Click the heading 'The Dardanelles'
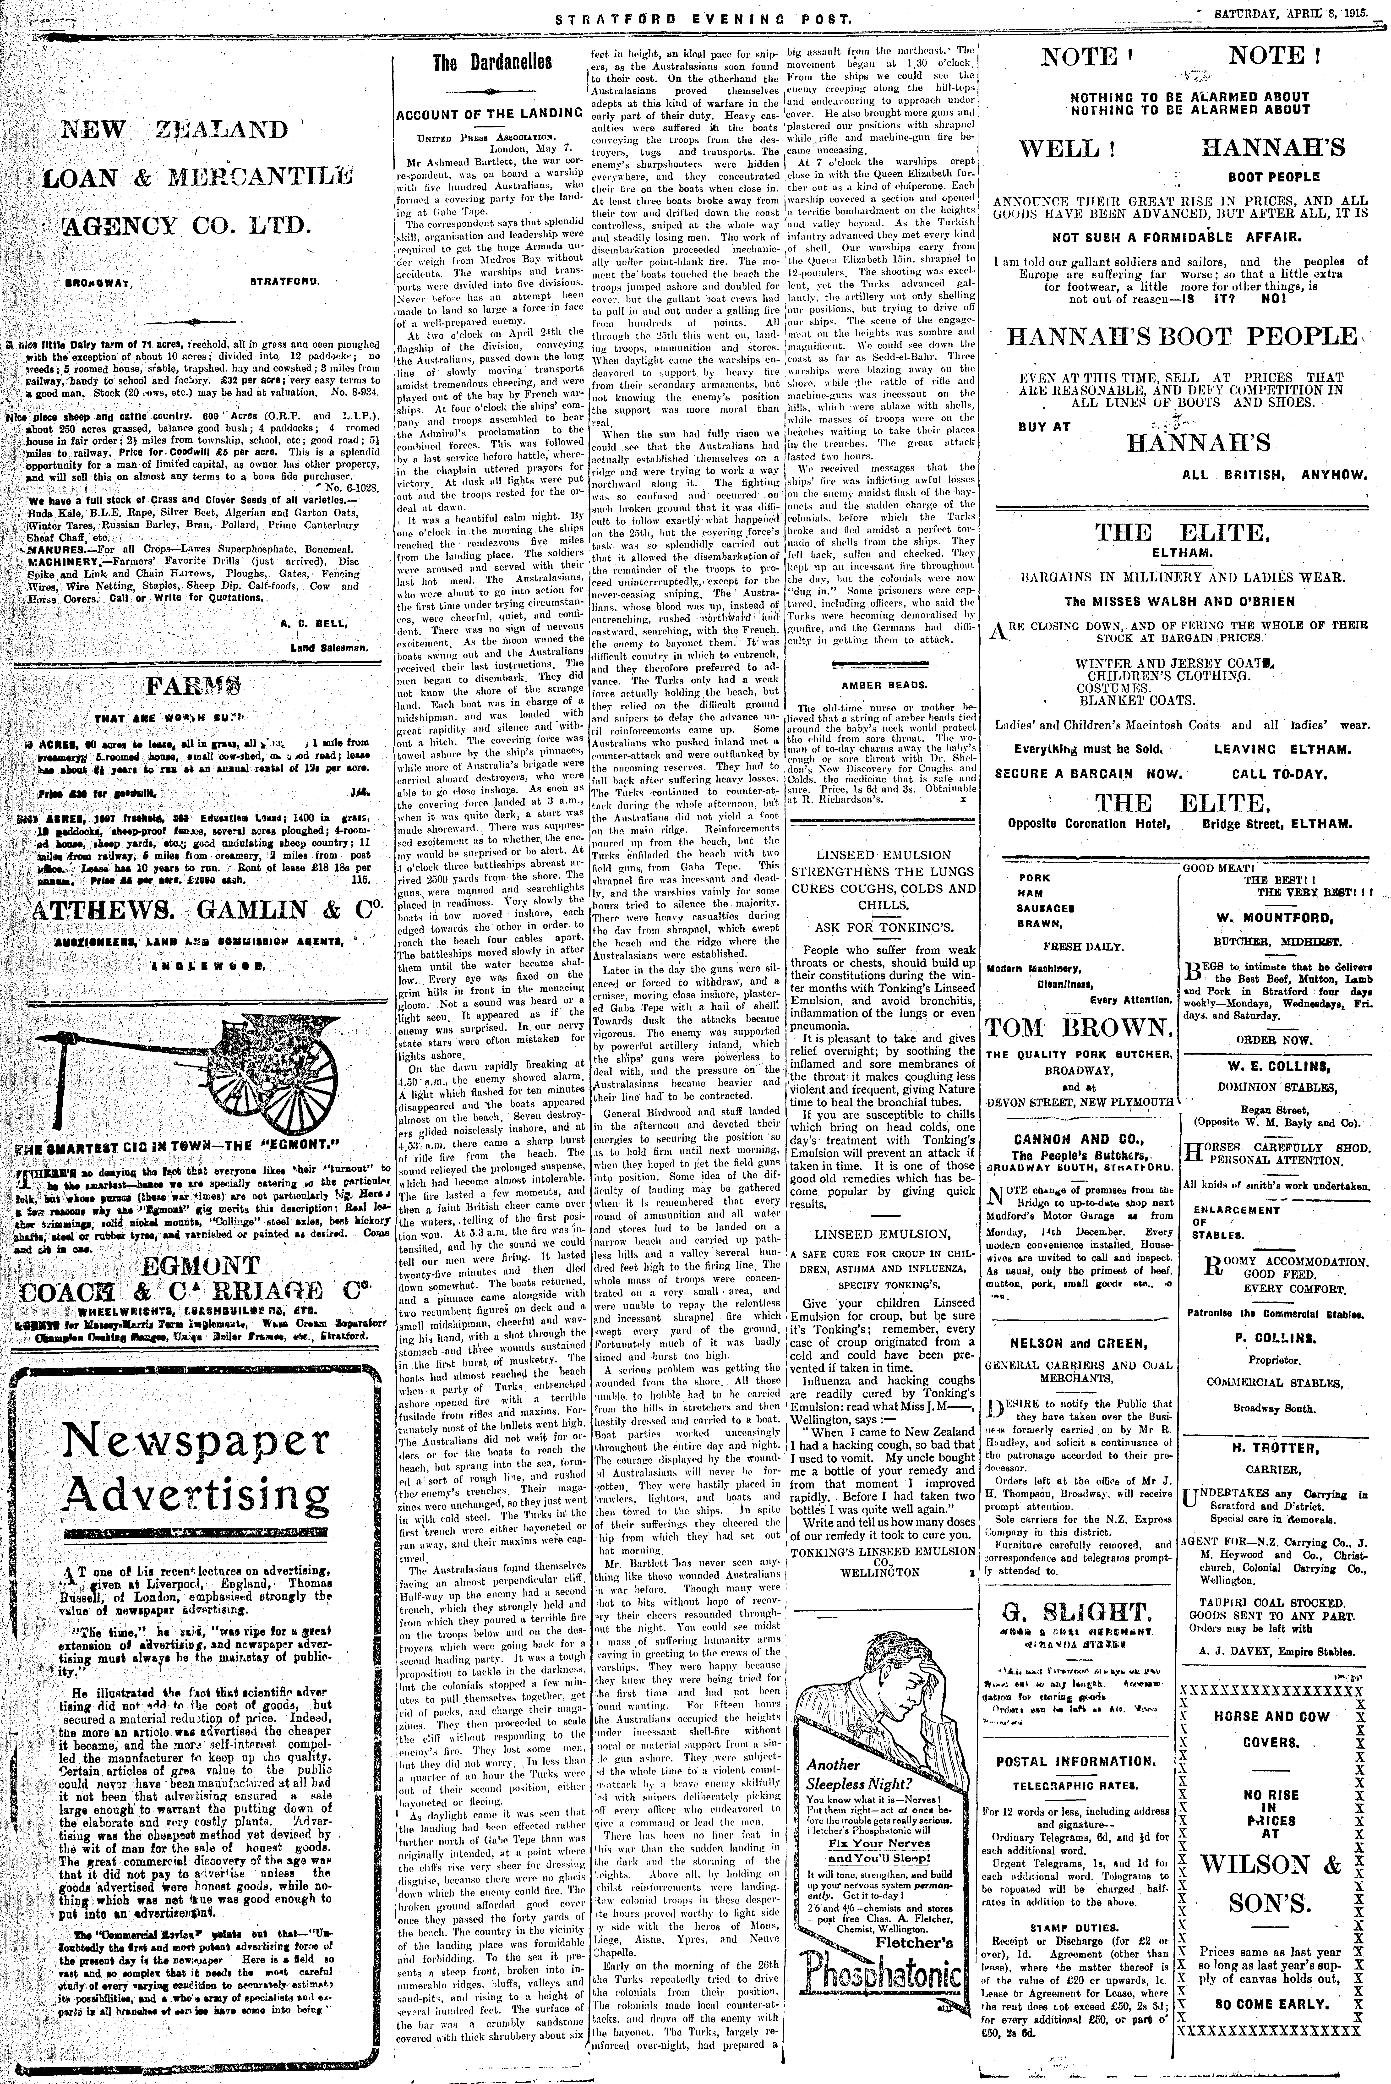pos(491,62)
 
